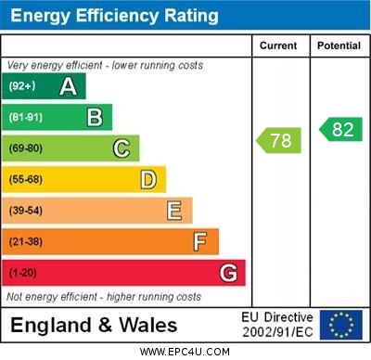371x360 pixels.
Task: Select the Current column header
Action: [x=278, y=45]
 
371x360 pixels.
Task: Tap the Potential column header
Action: [x=339, y=45]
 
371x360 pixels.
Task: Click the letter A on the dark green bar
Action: [x=68, y=86]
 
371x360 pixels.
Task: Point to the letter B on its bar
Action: [x=95, y=117]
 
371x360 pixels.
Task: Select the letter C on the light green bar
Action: [x=121, y=148]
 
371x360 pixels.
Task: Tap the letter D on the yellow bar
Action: [x=147, y=179]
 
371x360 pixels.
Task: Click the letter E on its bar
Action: [x=173, y=211]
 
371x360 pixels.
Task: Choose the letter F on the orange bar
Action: [x=199, y=241]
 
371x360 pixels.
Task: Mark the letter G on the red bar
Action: [x=227, y=273]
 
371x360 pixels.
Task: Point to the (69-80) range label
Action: [x=26, y=148]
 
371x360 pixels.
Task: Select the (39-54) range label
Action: [x=26, y=211]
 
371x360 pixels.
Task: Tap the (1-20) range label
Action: [x=23, y=273]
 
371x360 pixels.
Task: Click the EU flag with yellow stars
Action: [x=341, y=325]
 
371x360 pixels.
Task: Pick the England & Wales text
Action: [x=94, y=326]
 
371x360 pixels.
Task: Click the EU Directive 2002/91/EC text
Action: [x=277, y=325]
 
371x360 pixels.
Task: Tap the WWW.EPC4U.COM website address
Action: [x=185, y=352]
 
